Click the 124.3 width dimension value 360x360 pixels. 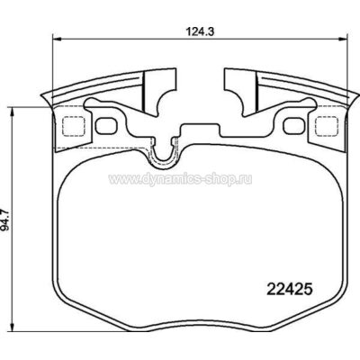pos(201,31)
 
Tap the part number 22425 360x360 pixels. pos(290,290)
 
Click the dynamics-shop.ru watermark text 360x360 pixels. pos(180,180)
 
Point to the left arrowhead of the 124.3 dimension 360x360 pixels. pos(57,39)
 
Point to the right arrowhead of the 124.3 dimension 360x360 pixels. pos(343,39)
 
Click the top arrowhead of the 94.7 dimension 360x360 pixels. pos(12,112)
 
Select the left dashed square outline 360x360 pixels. pos(74,126)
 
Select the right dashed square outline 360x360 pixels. pos(328,126)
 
